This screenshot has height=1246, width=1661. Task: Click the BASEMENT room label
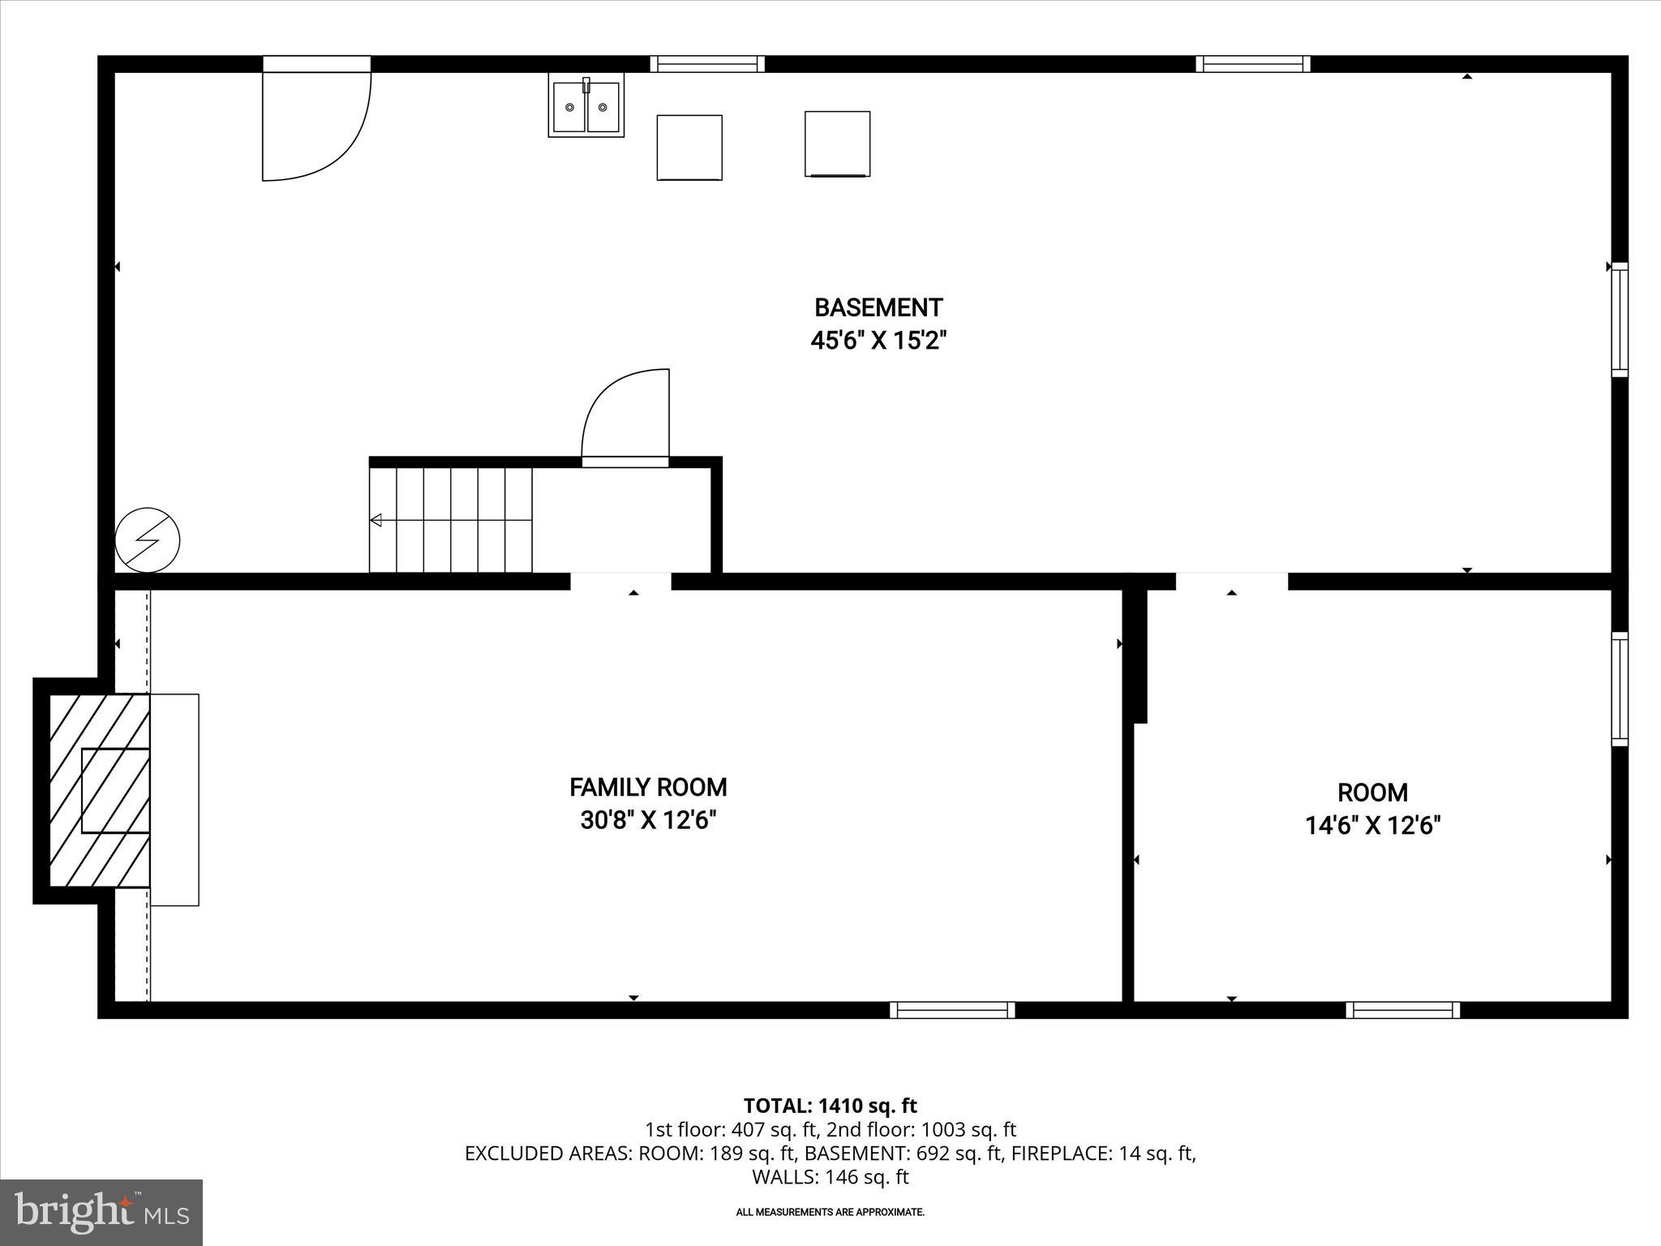click(878, 308)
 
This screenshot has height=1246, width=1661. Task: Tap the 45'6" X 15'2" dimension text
click(878, 341)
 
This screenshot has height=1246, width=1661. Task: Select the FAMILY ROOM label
click(648, 788)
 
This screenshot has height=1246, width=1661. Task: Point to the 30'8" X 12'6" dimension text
click(648, 821)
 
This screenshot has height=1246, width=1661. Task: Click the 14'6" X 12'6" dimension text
click(1372, 826)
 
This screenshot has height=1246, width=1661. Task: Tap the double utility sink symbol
click(586, 105)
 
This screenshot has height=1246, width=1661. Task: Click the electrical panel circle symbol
click(148, 539)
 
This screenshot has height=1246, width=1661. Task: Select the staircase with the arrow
click(451, 520)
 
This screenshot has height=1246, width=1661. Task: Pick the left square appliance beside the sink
click(689, 148)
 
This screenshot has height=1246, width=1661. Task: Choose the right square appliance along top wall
click(837, 144)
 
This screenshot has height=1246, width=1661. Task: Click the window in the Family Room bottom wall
click(952, 1010)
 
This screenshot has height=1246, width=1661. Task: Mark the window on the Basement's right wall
click(1619, 320)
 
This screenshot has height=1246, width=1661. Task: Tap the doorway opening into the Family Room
click(621, 582)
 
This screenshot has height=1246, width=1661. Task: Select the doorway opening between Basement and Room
click(1231, 582)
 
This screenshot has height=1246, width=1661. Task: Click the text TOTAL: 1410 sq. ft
click(830, 1106)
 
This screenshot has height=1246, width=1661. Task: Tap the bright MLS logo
click(101, 1213)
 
